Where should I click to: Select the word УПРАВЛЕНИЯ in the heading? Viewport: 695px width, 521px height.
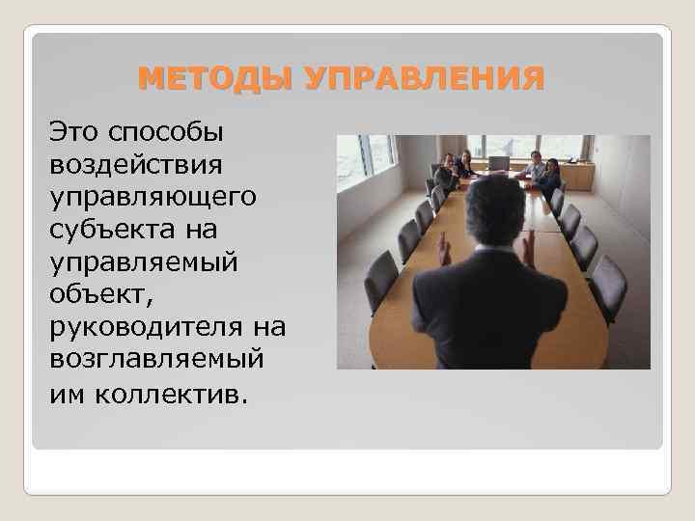point(425,77)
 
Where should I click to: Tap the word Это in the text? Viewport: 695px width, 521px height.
point(77,128)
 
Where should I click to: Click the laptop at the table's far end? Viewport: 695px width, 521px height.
point(498,163)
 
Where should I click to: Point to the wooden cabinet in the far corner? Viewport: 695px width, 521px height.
point(577,175)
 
